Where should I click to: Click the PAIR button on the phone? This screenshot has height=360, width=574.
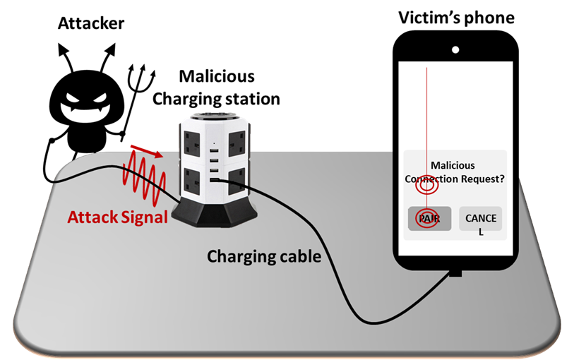(x=429, y=219)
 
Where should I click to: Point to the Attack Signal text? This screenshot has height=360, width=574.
(x=118, y=217)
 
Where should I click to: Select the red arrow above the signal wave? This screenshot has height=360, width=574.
(x=145, y=150)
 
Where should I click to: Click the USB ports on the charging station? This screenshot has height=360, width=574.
(x=214, y=164)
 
